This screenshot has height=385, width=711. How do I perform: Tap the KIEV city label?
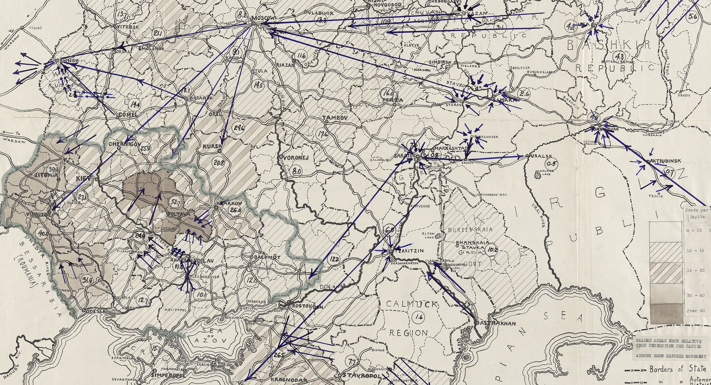pyautogui.click(x=83, y=179)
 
